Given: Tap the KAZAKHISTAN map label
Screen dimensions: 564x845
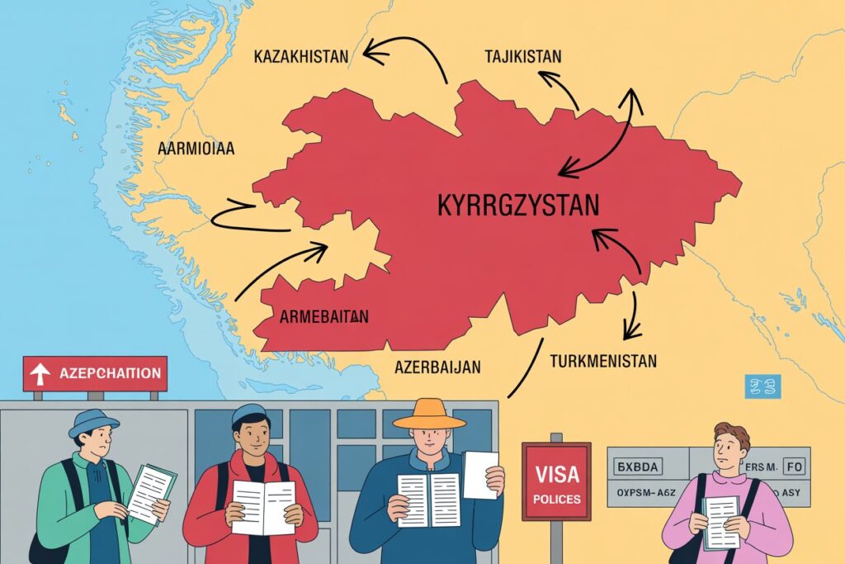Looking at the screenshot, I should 301,58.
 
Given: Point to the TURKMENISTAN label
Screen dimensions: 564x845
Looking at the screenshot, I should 602,362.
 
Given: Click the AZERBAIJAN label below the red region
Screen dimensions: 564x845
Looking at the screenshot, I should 437,365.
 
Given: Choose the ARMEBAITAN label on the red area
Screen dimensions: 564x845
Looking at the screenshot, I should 324,315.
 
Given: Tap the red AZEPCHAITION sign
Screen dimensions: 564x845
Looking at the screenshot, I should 95,373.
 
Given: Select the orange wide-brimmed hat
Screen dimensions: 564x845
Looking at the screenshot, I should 428,414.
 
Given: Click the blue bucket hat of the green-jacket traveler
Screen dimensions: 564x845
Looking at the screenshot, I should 93,423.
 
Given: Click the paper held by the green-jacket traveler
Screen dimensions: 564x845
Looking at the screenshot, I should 151,492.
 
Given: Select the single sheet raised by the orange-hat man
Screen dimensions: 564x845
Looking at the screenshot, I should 481,474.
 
